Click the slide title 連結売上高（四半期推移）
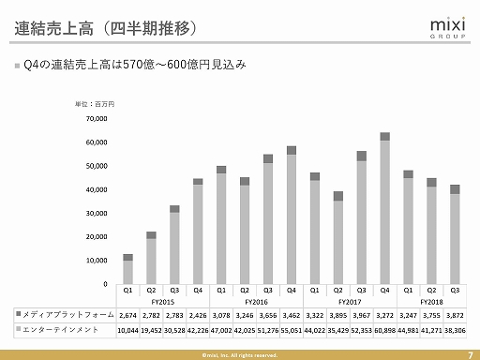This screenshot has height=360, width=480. [107, 27]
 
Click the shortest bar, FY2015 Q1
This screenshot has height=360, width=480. [127, 268]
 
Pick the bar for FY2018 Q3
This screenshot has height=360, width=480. [455, 233]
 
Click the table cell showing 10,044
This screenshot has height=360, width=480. [127, 331]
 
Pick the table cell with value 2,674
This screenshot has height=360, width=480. [127, 316]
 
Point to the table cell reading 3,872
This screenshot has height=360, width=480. [455, 316]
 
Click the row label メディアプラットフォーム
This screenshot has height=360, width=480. [67, 316]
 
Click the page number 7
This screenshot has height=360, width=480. [469, 352]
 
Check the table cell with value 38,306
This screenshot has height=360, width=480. [455, 331]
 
